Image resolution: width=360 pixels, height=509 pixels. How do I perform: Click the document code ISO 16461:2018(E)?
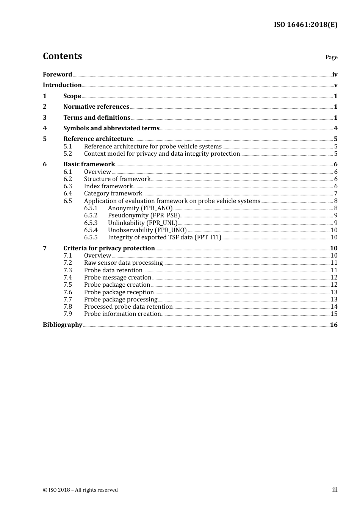tap(305, 25)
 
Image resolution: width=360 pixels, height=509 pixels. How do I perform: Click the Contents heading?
tap(62, 56)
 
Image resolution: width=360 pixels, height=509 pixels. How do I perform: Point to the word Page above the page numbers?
tap(331, 57)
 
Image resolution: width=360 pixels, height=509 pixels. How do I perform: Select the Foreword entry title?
tap(57, 75)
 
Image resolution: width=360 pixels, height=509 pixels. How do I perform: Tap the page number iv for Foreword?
tap(335, 75)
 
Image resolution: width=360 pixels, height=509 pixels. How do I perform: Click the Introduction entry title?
tap(62, 85)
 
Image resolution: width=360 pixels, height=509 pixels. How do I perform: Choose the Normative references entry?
tap(96, 107)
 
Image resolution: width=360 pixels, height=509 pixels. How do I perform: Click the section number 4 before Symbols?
tap(45, 128)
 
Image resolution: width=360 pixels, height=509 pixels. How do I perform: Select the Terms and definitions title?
tap(97, 118)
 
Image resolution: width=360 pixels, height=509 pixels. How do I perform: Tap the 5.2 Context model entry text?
tap(162, 154)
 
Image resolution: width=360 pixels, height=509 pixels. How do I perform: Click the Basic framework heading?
tap(89, 164)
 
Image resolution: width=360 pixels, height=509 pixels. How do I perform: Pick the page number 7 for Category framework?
tap(335, 194)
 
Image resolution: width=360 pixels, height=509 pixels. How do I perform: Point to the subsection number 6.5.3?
tap(91, 223)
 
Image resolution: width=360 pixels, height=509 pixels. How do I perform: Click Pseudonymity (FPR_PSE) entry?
tap(144, 215)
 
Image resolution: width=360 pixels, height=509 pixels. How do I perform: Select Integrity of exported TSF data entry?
tap(164, 237)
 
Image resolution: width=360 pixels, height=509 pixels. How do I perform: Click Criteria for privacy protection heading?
tap(109, 248)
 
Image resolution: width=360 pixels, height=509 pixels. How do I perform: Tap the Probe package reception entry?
tap(119, 292)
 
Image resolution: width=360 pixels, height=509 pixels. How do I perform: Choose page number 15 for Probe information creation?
tap(334, 314)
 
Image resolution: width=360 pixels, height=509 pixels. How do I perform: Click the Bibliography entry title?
tap(63, 325)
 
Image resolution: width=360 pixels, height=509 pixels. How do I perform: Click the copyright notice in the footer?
tap(80, 490)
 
